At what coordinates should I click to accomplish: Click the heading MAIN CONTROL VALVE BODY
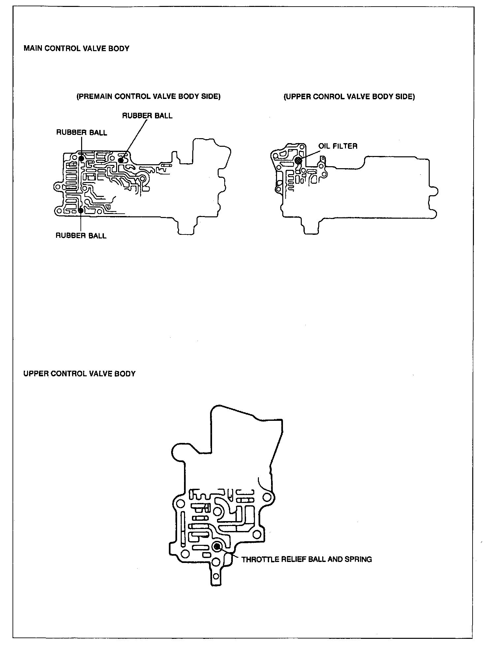(x=76, y=48)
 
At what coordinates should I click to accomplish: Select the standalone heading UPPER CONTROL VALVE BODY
(x=79, y=374)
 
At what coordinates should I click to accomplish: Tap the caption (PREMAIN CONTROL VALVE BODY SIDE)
(x=148, y=96)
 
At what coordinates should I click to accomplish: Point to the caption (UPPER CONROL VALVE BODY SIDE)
(x=349, y=96)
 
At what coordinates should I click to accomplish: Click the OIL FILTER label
(x=338, y=146)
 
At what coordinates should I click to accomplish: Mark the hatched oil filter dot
(x=299, y=160)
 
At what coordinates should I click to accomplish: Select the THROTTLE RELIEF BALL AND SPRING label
(x=307, y=559)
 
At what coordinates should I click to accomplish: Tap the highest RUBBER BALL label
(x=147, y=116)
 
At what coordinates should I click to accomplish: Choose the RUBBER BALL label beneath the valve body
(x=81, y=235)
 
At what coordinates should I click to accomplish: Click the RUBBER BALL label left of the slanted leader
(x=81, y=133)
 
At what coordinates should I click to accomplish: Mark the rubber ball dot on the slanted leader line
(x=121, y=160)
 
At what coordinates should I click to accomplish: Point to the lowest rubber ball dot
(x=81, y=210)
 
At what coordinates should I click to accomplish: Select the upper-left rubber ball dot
(x=81, y=158)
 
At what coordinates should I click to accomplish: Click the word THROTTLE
(x=258, y=559)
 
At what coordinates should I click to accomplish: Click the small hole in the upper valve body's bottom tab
(x=216, y=576)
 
